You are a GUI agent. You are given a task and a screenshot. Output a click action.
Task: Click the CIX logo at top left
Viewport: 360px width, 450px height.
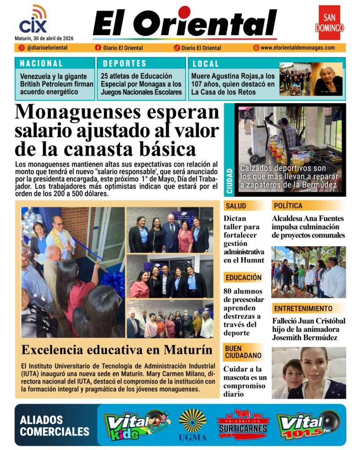[x=33, y=20]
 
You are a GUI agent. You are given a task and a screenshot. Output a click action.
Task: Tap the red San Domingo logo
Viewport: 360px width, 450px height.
[x=329, y=23]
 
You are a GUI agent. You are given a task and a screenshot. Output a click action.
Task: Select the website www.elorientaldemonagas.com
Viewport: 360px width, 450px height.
[x=297, y=48]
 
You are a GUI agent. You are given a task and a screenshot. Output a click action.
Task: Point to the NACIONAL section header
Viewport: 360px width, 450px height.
[x=41, y=63]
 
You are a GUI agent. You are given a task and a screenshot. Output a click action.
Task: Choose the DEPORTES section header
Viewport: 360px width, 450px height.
[x=124, y=63]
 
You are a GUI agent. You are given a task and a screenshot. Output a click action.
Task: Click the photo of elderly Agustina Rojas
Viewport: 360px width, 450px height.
[x=327, y=79]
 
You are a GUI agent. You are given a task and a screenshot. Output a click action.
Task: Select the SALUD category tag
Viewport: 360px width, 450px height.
[x=236, y=206]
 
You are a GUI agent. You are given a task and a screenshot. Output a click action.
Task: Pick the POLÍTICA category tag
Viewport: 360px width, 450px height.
[x=288, y=206]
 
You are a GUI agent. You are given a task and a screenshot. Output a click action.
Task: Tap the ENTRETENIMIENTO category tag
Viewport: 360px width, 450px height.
[x=302, y=308]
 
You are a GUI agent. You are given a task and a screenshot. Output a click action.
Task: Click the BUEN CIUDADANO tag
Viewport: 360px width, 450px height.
[x=243, y=352]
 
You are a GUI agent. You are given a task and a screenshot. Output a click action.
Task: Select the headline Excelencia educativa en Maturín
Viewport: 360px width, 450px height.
[x=117, y=350]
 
